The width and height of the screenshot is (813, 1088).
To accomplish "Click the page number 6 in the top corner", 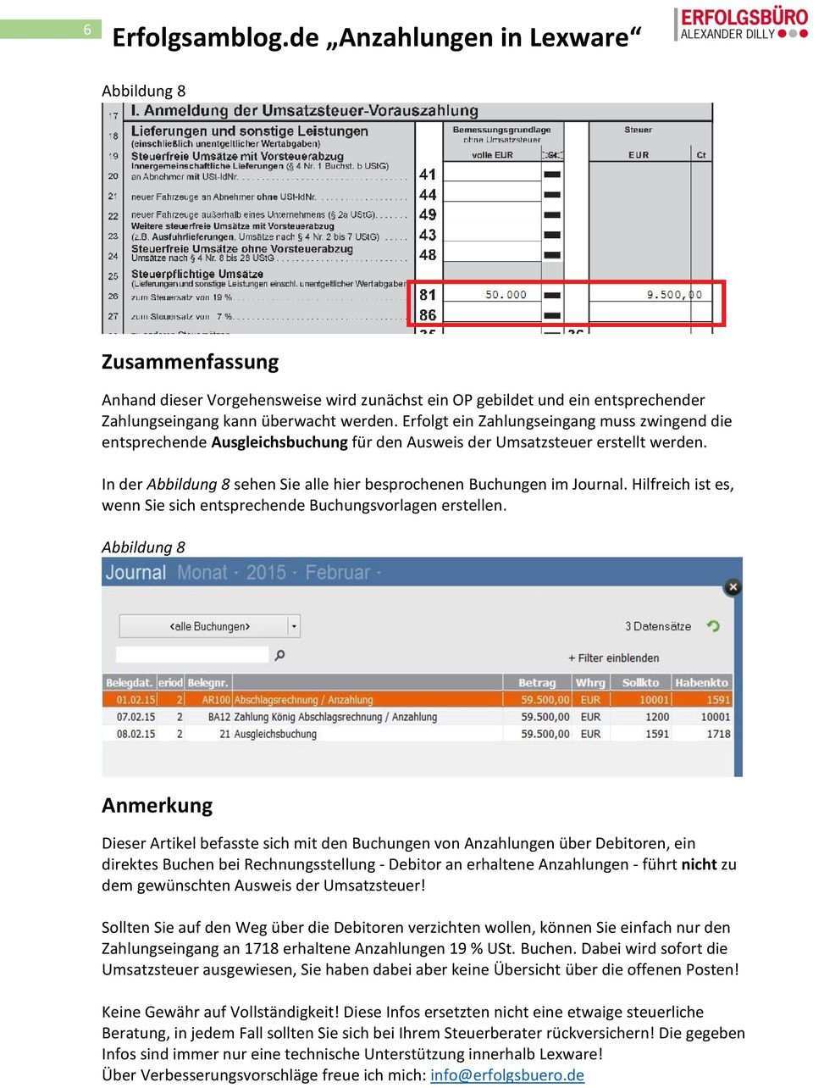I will click(x=87, y=30).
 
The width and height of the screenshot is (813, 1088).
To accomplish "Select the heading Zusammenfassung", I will click(x=190, y=362).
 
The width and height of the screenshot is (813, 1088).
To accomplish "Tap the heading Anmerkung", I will click(x=157, y=805).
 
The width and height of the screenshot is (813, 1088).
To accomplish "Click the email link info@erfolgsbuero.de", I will click(x=507, y=1075).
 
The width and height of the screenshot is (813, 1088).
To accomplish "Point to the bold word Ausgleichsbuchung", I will click(x=279, y=442).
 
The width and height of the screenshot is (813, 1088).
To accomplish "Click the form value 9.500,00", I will click(x=674, y=295).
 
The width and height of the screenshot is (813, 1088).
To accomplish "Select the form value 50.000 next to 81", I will click(x=506, y=295).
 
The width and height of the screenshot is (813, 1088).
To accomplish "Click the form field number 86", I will click(x=428, y=315).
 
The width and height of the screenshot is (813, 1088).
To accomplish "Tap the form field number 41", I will click(x=428, y=175).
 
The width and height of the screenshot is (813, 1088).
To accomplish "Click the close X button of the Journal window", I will click(x=733, y=586).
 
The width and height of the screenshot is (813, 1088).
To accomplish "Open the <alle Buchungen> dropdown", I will click(x=294, y=627).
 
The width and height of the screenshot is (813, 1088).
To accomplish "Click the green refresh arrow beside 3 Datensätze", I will click(x=713, y=626).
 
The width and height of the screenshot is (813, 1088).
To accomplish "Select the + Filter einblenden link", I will click(x=613, y=658).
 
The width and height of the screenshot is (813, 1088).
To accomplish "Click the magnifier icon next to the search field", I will click(x=280, y=655).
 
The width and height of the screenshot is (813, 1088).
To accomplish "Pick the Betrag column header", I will click(x=537, y=683).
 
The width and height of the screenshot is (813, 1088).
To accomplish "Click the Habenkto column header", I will click(x=702, y=683).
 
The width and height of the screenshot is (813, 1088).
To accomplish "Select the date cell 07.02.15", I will click(x=129, y=717).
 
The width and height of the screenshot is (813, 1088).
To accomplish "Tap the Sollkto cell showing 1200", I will click(x=656, y=717).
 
